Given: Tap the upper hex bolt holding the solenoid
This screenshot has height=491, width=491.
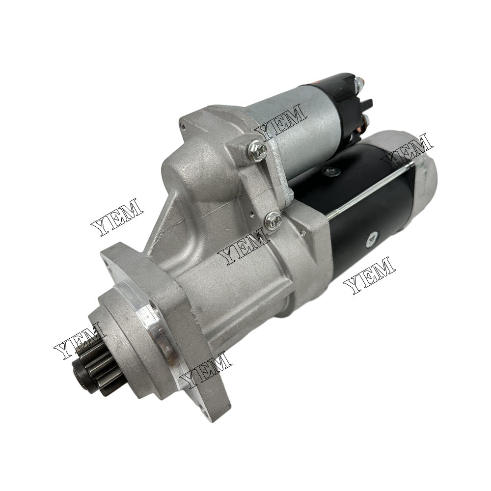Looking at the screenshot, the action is [x=257, y=151].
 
